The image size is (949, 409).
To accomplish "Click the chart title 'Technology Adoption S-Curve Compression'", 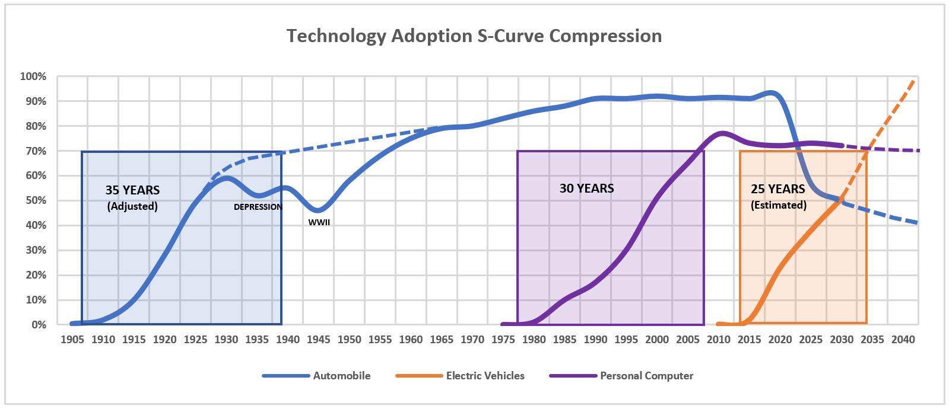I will (474, 36).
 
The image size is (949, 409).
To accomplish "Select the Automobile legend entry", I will (341, 376).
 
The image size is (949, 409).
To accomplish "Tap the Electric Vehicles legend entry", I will (485, 376).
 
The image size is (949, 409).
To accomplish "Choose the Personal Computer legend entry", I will (646, 376).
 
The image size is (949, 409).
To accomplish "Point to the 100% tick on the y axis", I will (33, 76).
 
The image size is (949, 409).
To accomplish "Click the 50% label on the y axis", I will (35, 200).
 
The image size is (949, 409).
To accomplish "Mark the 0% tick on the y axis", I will (39, 325).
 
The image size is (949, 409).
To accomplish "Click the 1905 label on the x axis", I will (72, 340).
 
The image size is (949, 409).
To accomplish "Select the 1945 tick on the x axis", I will (319, 340).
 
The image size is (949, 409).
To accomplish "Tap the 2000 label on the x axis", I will (657, 340).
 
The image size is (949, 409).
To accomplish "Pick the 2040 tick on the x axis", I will (903, 340).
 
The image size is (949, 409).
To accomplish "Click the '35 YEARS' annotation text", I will (132, 190).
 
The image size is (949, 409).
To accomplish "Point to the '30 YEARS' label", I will (586, 188).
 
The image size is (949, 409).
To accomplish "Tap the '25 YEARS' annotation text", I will (777, 189).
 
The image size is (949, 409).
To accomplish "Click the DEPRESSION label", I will (258, 207).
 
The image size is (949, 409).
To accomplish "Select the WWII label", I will (319, 222).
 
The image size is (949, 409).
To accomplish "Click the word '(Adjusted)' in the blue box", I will (132, 206).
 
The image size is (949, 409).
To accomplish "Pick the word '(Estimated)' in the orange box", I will (779, 205).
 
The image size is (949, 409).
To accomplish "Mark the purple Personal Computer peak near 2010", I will (722, 133).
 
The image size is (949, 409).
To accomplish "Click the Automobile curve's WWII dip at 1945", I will (318, 210).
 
